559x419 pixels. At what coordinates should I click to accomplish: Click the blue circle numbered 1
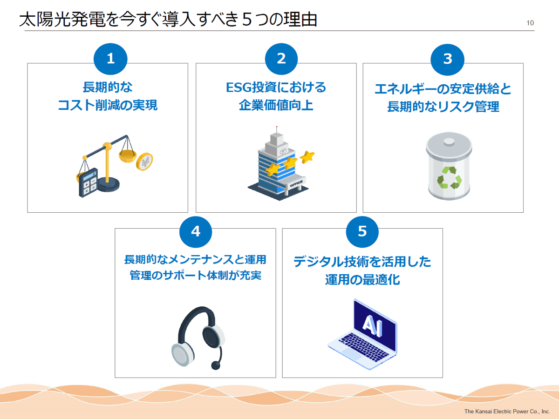point(110,59)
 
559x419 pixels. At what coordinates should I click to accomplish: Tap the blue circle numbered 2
point(281,59)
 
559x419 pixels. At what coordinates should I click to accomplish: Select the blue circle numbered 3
point(448,59)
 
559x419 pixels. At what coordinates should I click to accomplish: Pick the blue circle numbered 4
point(196,232)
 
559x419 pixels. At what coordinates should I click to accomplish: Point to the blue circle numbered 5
point(362,231)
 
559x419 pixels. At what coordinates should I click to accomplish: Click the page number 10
point(530,23)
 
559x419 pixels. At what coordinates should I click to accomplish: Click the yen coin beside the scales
point(144,161)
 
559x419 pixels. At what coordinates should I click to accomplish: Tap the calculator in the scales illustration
point(89,182)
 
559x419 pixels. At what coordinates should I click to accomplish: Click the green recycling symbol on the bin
point(449,177)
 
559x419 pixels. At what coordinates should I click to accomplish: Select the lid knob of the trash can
point(449,142)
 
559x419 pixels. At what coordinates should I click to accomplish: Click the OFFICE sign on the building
point(296,183)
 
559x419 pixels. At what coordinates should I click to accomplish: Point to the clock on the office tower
point(283,151)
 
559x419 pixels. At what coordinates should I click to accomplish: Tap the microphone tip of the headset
point(216,365)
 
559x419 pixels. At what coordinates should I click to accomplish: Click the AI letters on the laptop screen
point(373,325)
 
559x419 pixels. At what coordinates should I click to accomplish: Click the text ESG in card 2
point(239,88)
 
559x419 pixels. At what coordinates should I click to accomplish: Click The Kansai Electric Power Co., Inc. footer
point(507,412)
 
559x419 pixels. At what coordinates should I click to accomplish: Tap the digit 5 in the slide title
point(247,20)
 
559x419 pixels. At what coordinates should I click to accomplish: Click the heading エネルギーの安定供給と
point(443,89)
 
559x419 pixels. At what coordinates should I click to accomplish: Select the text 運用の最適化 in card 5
point(362,280)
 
